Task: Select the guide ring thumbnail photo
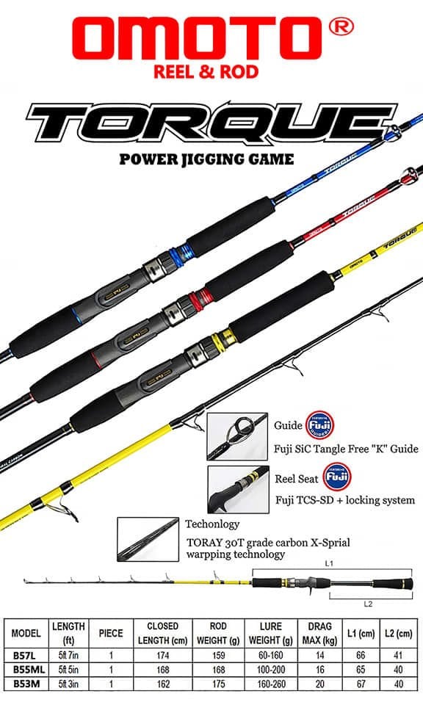point(236,435)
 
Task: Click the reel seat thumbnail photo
point(236,489)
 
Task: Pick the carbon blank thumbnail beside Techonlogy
point(148,539)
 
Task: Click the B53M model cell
point(24,684)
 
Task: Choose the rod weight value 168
point(218,671)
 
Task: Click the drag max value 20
point(319,684)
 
